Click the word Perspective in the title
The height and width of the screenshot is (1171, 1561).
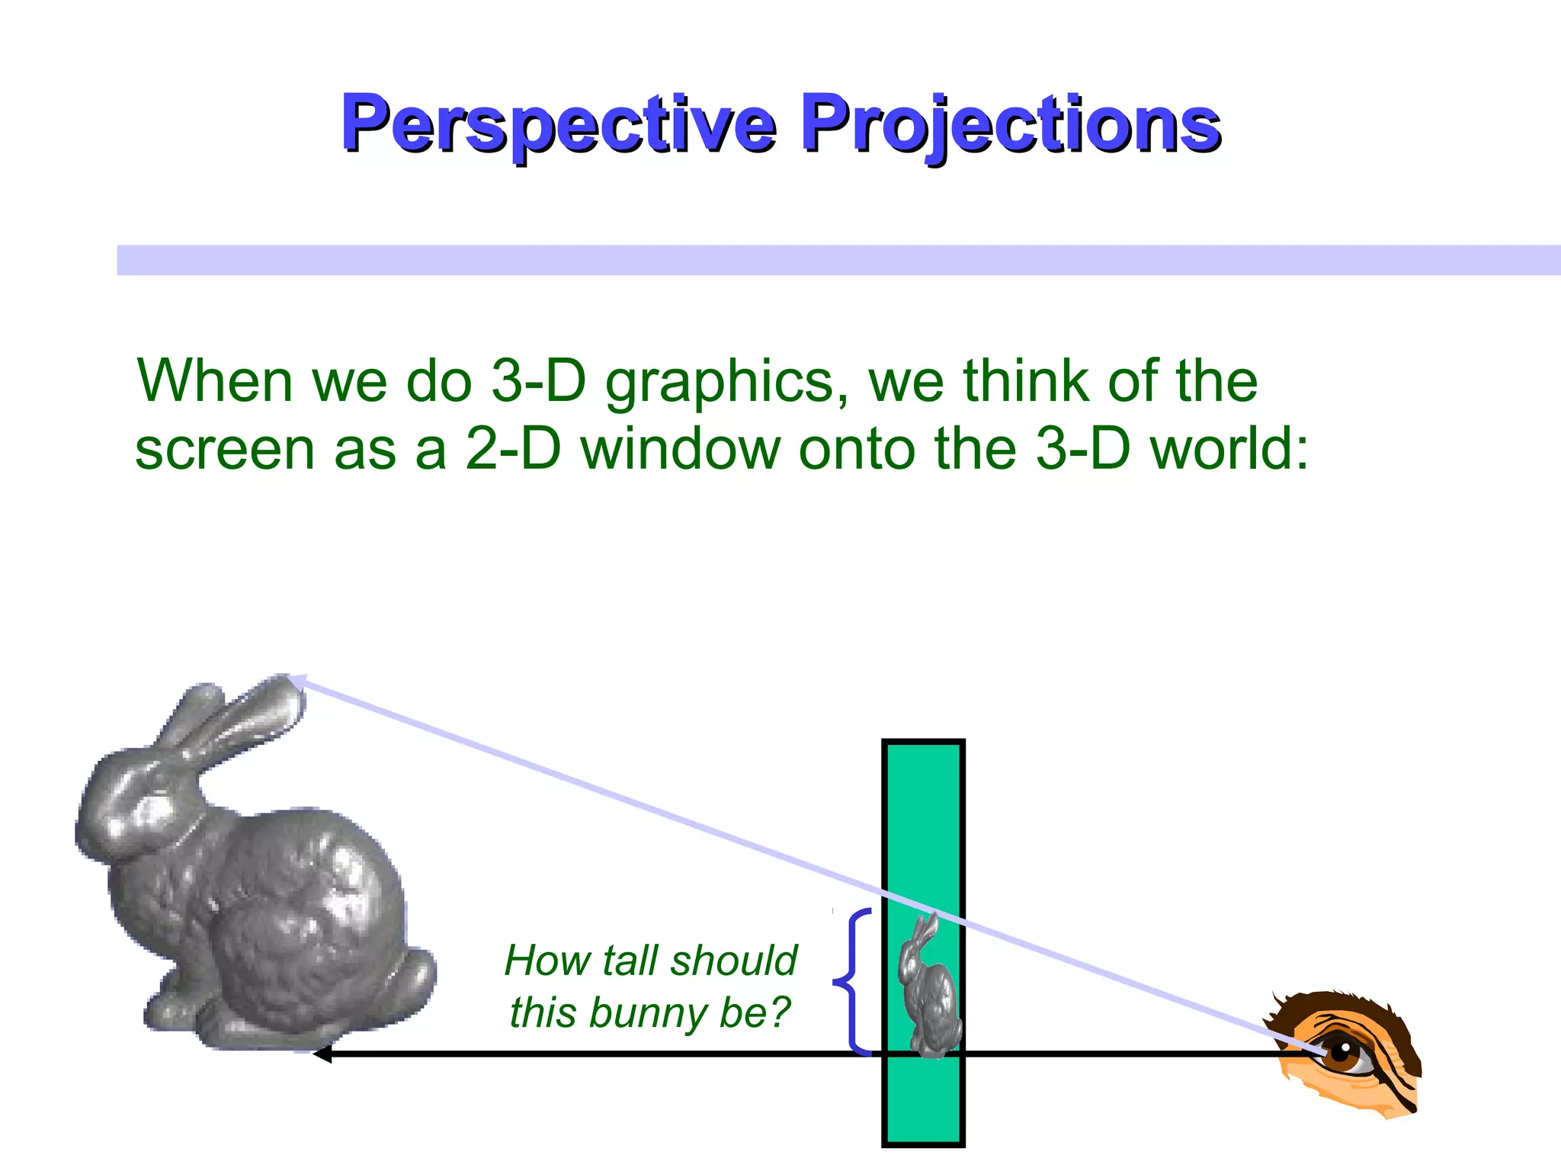559,124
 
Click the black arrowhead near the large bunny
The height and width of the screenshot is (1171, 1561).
322,1054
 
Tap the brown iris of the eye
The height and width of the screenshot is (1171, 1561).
1341,1055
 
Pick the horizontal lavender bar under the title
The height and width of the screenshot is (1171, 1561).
838,260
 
